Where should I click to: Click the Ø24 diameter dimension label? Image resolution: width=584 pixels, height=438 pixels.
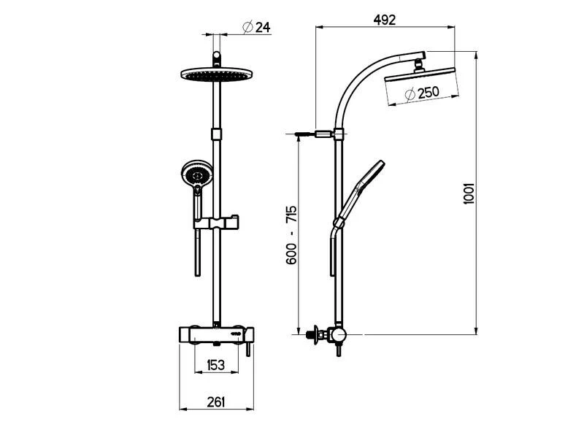pos(256,27)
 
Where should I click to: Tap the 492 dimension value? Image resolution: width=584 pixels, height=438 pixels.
pos(385,20)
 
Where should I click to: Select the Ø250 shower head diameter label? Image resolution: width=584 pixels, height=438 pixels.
pos(423,93)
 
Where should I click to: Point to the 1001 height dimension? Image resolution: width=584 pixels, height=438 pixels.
pos(469,193)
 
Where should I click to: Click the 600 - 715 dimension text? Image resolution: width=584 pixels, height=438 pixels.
pos(291,234)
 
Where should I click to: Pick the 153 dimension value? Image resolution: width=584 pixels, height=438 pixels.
pos(215,364)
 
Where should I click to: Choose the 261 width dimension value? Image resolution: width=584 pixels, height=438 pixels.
pos(216,402)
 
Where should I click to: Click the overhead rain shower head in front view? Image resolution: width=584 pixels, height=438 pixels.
pos(217,74)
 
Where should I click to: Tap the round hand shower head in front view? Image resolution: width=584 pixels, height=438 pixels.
pos(196,174)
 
